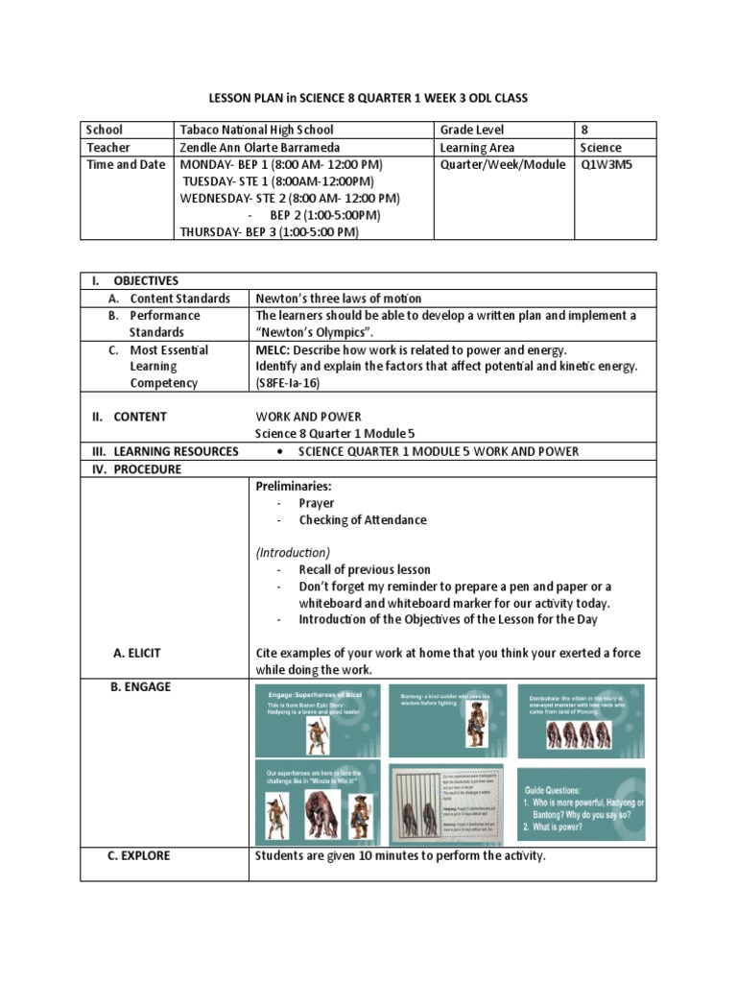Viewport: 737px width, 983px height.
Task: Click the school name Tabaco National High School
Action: pyautogui.click(x=257, y=130)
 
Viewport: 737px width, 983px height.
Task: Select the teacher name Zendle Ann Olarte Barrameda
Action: pyautogui.click(x=260, y=148)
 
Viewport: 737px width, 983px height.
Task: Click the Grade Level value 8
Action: pyautogui.click(x=585, y=130)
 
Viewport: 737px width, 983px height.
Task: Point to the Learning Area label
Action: pyautogui.click(x=477, y=148)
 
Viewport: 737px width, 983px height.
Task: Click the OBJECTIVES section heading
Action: pyautogui.click(x=146, y=280)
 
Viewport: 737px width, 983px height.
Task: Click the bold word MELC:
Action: pyautogui.click(x=274, y=349)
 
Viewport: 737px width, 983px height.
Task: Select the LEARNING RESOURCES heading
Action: pyautogui.click(x=176, y=451)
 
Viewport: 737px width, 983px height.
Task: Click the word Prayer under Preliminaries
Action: pyautogui.click(x=317, y=503)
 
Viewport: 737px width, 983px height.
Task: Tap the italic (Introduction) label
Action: pyautogui.click(x=293, y=553)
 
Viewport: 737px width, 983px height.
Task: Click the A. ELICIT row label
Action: pyautogui.click(x=137, y=653)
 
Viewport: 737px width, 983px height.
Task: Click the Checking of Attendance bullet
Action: pyautogui.click(x=363, y=520)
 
